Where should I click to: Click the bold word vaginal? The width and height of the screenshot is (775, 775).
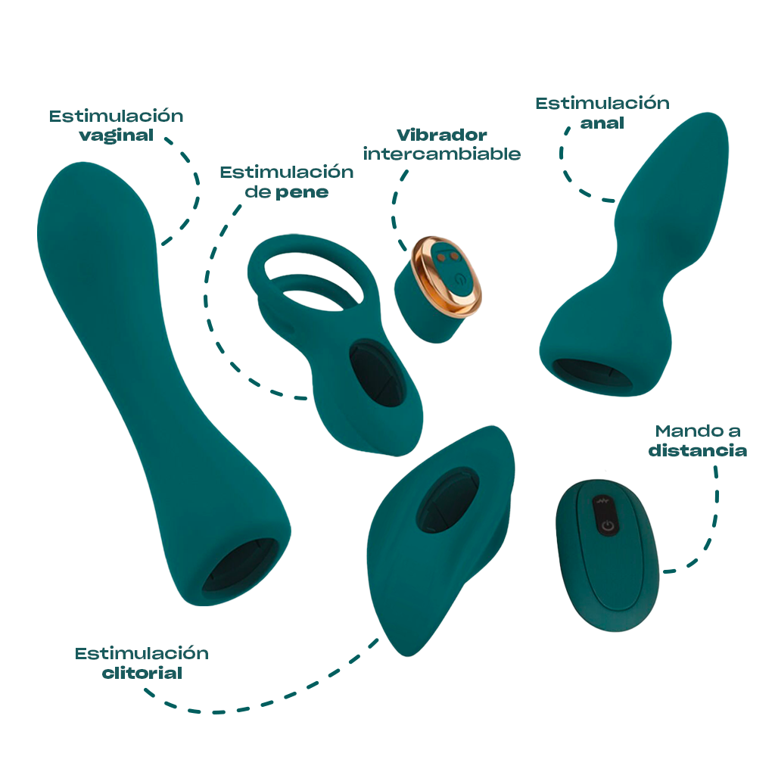(117, 136)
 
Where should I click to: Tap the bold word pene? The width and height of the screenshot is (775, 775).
(302, 192)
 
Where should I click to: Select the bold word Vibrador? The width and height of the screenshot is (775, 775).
(442, 135)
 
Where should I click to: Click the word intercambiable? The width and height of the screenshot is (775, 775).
(442, 154)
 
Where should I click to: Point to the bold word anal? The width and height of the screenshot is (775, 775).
(602, 123)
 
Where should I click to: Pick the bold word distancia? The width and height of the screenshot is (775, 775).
(698, 451)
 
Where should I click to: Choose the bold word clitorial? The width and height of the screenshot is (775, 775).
(142, 673)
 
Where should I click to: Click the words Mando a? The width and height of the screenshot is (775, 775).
(698, 431)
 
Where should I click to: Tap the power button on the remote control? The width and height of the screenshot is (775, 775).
(607, 525)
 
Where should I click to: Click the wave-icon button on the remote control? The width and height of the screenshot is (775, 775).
(604, 502)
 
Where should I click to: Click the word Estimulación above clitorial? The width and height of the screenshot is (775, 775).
(142, 653)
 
